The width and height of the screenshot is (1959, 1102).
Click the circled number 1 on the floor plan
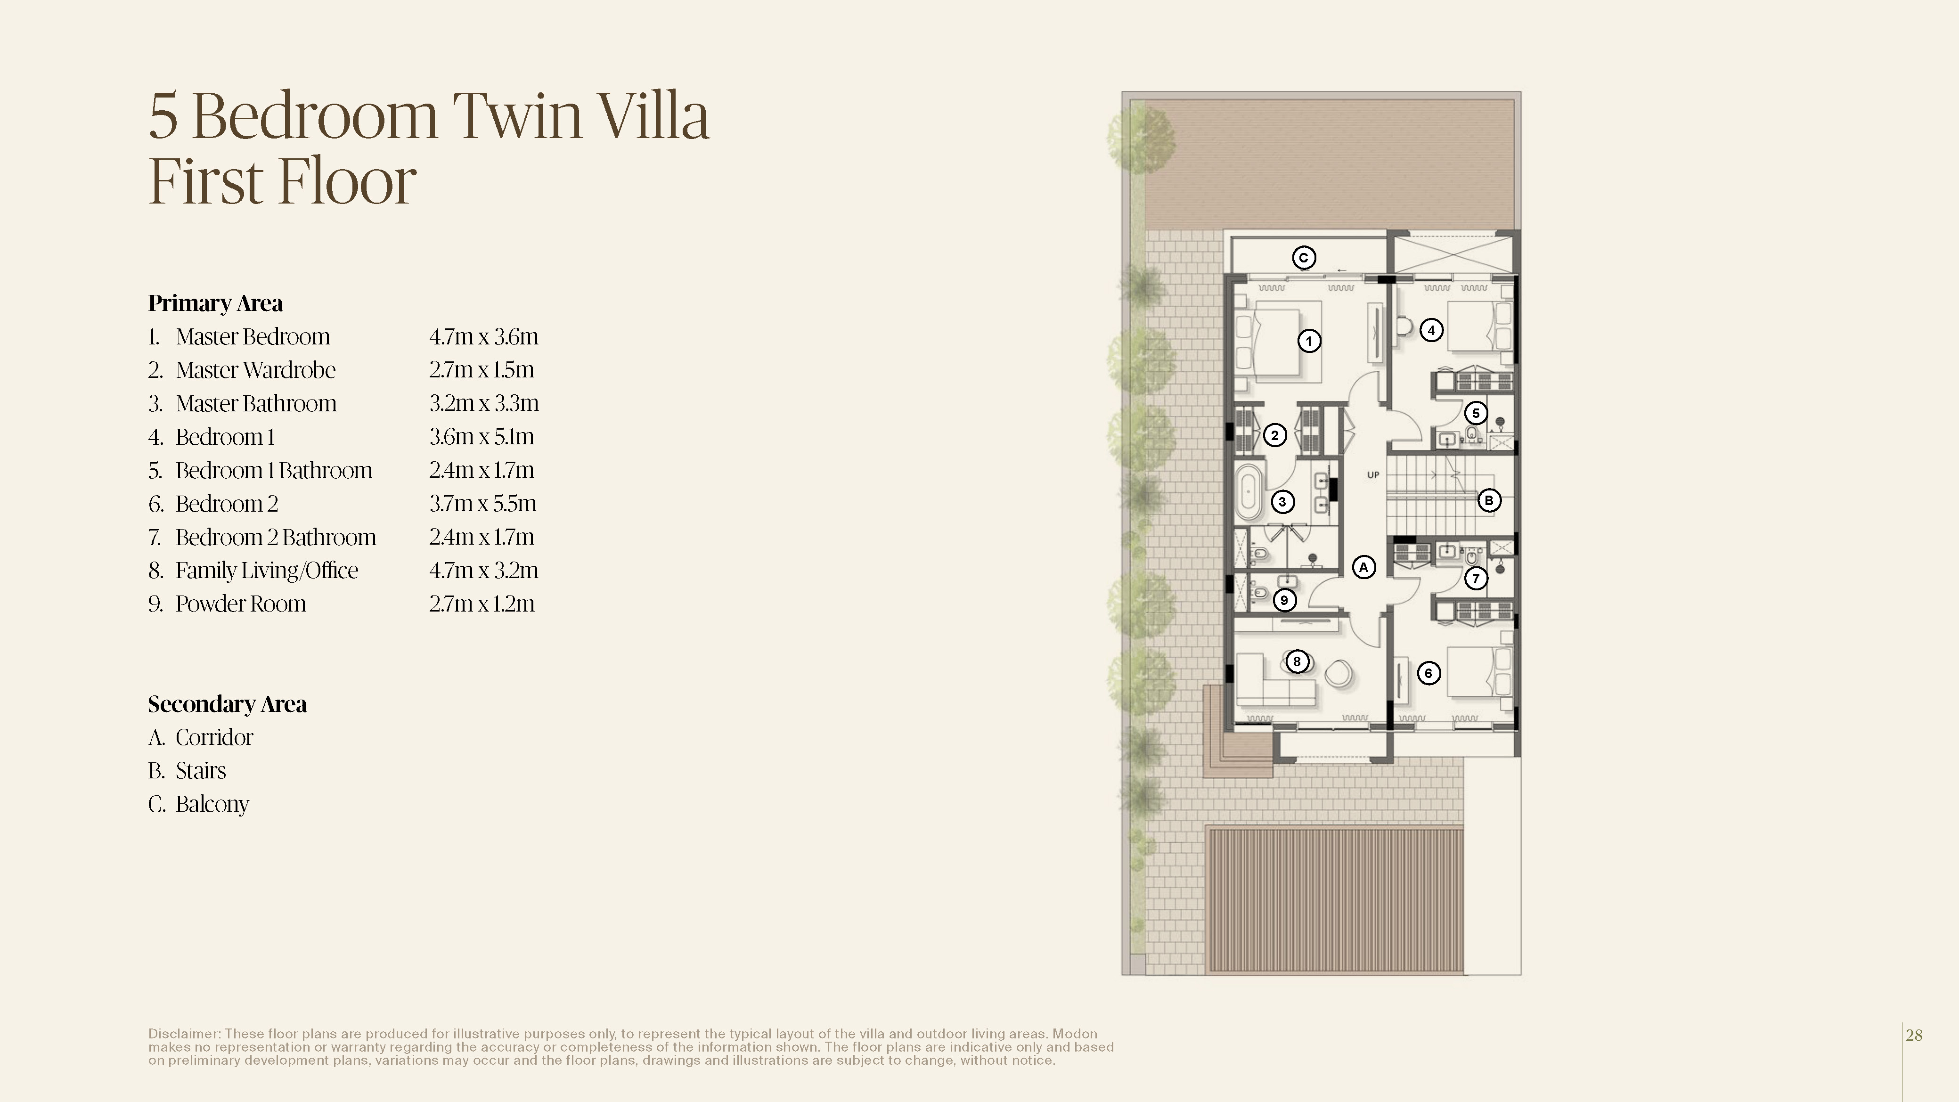(1309, 341)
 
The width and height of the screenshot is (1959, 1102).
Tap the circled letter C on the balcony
(1304, 258)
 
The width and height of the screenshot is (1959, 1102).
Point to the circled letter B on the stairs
(1489, 500)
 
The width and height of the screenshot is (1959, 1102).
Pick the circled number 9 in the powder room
(1284, 600)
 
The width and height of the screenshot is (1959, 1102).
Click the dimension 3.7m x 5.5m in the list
(483, 504)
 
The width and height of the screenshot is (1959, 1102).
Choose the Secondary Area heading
(228, 704)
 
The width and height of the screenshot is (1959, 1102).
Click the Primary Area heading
(215, 303)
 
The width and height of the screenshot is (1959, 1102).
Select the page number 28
(1914, 1035)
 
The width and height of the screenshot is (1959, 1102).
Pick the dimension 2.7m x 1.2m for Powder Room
(482, 604)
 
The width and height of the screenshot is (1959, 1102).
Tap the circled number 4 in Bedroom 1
(1431, 330)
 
